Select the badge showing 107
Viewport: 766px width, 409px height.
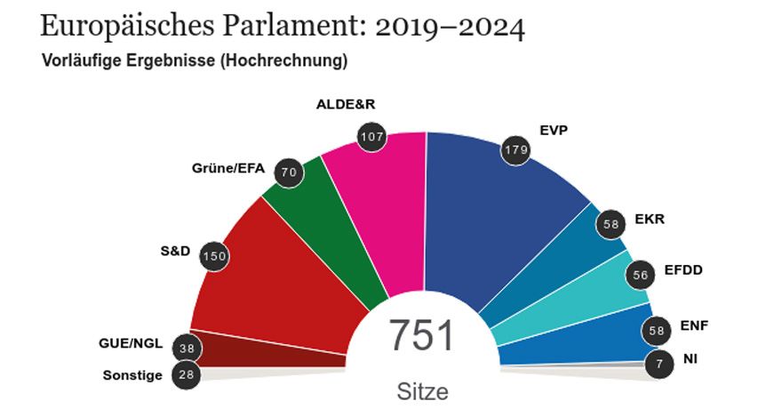point(371,137)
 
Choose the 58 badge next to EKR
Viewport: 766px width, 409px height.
point(610,224)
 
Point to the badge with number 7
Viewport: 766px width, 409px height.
point(658,364)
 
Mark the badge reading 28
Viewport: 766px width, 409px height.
point(185,374)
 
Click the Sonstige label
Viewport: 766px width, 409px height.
point(133,375)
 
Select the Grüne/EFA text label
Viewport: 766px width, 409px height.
point(229,167)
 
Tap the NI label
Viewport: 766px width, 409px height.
point(690,359)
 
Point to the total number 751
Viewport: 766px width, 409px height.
point(421,337)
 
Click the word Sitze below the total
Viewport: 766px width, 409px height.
point(422,391)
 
